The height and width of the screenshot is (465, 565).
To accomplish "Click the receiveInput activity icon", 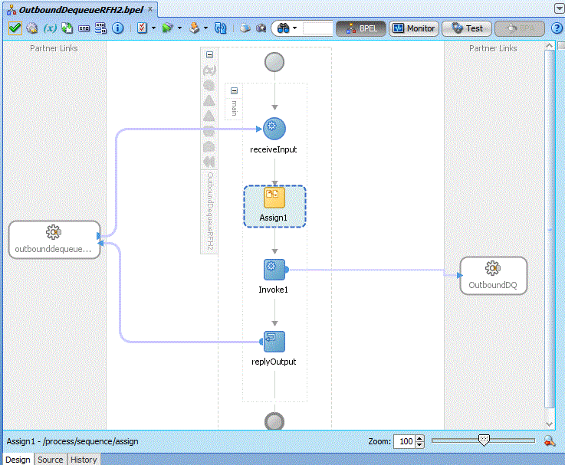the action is point(274,129).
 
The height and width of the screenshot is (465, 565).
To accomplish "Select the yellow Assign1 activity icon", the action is point(274,198).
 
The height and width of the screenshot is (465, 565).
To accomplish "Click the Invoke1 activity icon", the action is point(274,270).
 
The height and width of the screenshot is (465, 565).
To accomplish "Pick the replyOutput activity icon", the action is point(274,342).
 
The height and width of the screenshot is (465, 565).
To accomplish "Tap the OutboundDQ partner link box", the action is point(493,276).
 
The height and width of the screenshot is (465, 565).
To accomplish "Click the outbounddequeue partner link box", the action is point(54,240).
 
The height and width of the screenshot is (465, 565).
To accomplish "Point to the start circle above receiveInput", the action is point(274,62).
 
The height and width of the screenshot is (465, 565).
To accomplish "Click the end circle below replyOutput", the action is point(274,421).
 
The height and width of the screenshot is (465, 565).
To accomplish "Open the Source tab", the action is point(50,460).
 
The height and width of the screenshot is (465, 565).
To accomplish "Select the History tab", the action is point(84,460).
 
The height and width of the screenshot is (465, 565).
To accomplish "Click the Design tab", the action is point(18,460).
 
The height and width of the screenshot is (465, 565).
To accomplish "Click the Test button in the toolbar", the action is point(467,28).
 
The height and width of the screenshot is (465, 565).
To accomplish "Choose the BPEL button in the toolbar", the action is point(360,28).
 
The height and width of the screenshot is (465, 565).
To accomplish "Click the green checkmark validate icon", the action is point(15,28).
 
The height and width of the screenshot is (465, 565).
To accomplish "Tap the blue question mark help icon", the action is point(557,28).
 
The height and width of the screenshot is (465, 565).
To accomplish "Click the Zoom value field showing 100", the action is point(404,441).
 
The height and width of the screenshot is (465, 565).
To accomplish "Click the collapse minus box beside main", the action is point(235,90).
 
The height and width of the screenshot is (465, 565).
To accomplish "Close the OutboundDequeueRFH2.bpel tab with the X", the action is point(150,9).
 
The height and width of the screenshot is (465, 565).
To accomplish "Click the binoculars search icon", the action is point(283,28).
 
